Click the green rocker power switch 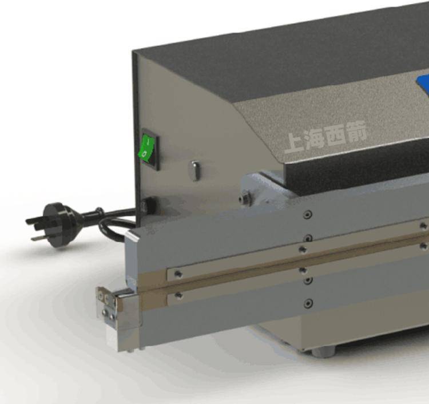click(x=145, y=147)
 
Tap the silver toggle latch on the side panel click(x=195, y=171)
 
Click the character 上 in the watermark click(x=294, y=142)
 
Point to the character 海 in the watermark click(x=315, y=139)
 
